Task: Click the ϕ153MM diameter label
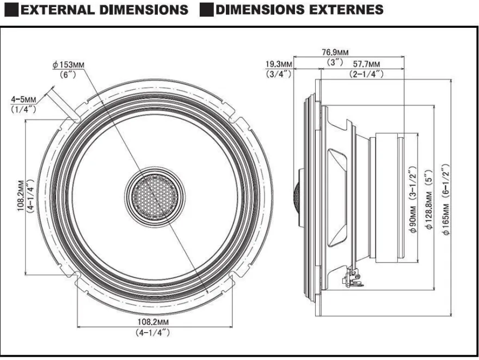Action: pyautogui.click(x=69, y=65)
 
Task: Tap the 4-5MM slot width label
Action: pyautogui.click(x=23, y=99)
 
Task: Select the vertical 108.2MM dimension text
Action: pyautogui.click(x=21, y=196)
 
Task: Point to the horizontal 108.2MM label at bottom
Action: pyautogui.click(x=153, y=322)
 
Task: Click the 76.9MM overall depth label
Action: pyautogui.click(x=335, y=52)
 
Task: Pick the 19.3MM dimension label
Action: pyautogui.click(x=279, y=64)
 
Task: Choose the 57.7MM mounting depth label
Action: pyautogui.click(x=366, y=64)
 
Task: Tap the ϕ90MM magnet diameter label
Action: pyautogui.click(x=413, y=219)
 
